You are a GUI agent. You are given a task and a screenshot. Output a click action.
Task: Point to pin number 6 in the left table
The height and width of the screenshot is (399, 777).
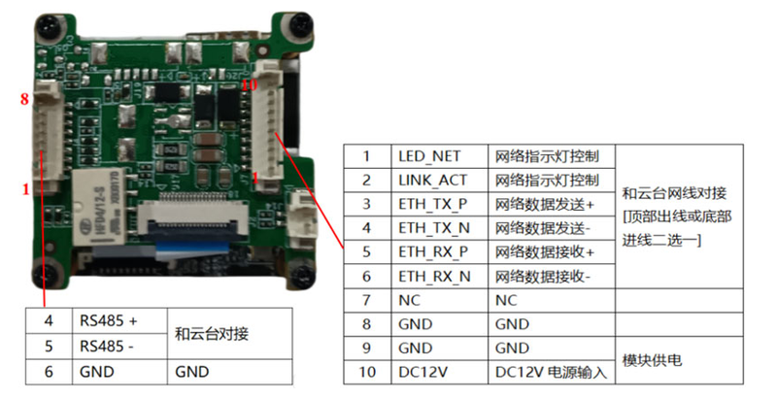(48, 371)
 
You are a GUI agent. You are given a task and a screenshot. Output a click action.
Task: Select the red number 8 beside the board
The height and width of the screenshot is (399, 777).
(26, 99)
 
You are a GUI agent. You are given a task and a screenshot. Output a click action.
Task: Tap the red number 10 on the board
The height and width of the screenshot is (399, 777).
(249, 85)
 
